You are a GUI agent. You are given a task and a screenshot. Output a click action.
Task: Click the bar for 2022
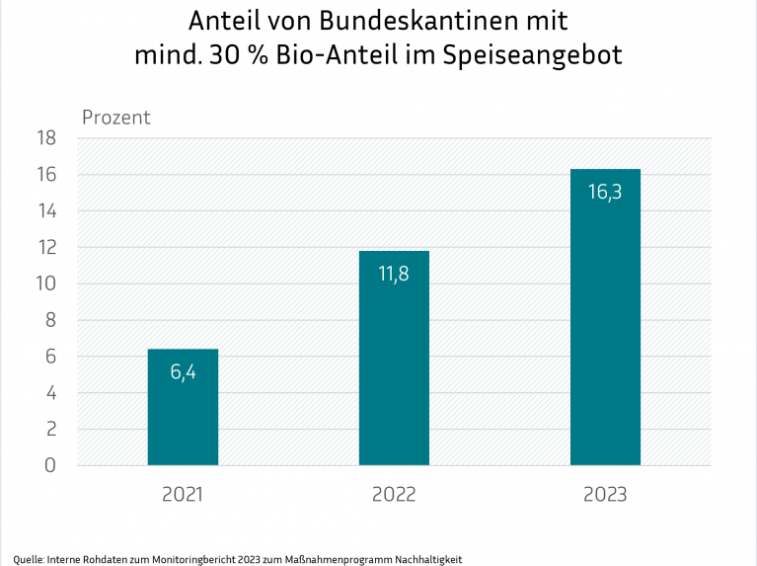pos(394,375)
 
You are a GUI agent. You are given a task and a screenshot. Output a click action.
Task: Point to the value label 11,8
pos(394,275)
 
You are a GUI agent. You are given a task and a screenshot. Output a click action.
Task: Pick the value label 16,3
pos(605,193)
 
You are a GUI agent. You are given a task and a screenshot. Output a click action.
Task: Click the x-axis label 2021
pos(183,494)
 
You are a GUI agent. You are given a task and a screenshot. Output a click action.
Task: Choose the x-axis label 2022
pos(394,494)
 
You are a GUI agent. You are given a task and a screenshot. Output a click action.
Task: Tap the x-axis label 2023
pos(605,494)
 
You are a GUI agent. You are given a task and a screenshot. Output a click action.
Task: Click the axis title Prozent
pos(115,118)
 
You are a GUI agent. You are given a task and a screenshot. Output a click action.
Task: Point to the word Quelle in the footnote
pos(28,559)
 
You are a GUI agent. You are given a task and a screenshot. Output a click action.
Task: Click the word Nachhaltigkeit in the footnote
pos(427,559)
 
